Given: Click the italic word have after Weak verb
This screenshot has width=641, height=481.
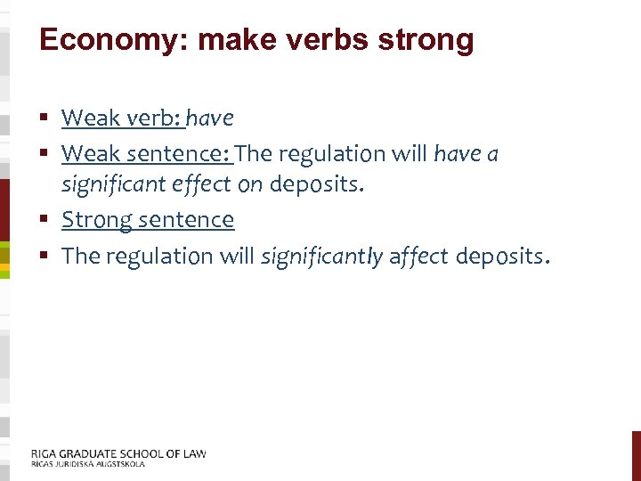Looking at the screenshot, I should pyautogui.click(x=211, y=118).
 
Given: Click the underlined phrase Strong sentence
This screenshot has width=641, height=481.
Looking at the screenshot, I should pyautogui.click(x=148, y=219).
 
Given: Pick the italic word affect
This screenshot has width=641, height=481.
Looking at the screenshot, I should pyautogui.click(x=419, y=257).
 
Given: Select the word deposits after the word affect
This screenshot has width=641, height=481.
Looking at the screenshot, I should pyautogui.click(x=502, y=257).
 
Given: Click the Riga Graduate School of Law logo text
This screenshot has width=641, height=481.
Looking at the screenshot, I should pyautogui.click(x=118, y=453).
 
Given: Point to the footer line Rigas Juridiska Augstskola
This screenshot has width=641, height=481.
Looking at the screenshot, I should pyautogui.click(x=87, y=464).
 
